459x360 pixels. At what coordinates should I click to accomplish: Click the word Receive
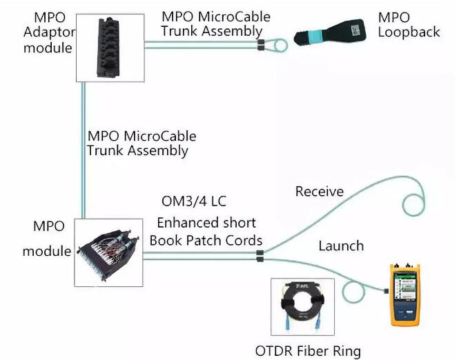[x=320, y=191]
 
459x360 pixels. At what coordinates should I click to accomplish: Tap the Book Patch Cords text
[x=206, y=240]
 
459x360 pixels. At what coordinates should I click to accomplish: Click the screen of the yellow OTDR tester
[x=407, y=284]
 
